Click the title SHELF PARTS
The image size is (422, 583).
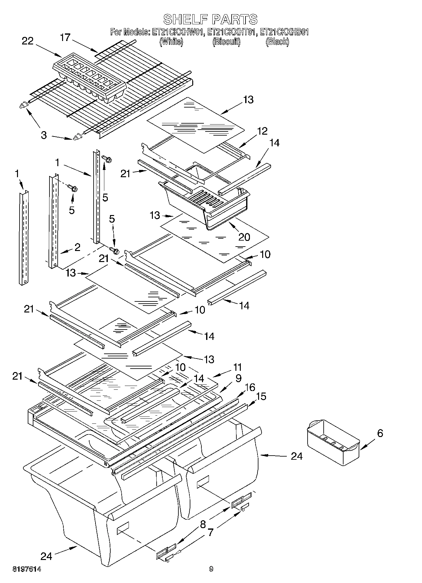[210, 20]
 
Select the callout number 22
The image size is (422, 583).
[28, 41]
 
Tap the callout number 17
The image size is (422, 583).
[65, 38]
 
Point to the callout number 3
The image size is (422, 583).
[43, 135]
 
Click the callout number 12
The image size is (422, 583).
[262, 131]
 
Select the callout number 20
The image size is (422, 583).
[244, 237]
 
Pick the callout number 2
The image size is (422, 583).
[77, 247]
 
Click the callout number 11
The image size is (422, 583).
[237, 367]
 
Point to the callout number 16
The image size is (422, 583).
[250, 387]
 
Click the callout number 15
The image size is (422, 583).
[261, 396]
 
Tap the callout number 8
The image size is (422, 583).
[203, 524]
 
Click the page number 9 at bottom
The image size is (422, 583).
[211, 569]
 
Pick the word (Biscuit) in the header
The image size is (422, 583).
[226, 42]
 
